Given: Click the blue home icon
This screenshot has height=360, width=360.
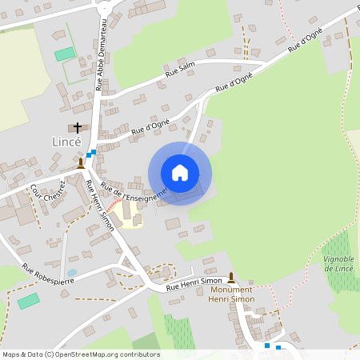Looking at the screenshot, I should click(x=180, y=173).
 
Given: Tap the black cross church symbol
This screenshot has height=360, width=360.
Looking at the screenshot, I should click(x=78, y=127).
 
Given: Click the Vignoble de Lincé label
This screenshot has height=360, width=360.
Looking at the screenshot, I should click(x=339, y=264).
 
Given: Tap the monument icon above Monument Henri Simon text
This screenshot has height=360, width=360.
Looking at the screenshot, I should click(x=231, y=277).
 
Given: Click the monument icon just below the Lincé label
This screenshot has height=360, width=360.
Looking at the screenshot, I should click(x=81, y=162).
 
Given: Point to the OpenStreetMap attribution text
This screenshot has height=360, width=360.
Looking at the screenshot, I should click(x=80, y=354).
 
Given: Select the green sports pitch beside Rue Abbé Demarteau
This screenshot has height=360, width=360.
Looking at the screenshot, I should click(x=64, y=54).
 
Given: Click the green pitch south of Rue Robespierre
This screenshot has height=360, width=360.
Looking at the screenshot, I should click(x=28, y=301).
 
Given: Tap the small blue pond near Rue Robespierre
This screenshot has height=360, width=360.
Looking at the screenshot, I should click(x=72, y=273).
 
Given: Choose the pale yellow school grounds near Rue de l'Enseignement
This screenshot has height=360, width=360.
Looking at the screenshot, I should click(x=126, y=214).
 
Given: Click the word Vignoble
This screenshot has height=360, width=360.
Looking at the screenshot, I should click(x=339, y=259).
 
